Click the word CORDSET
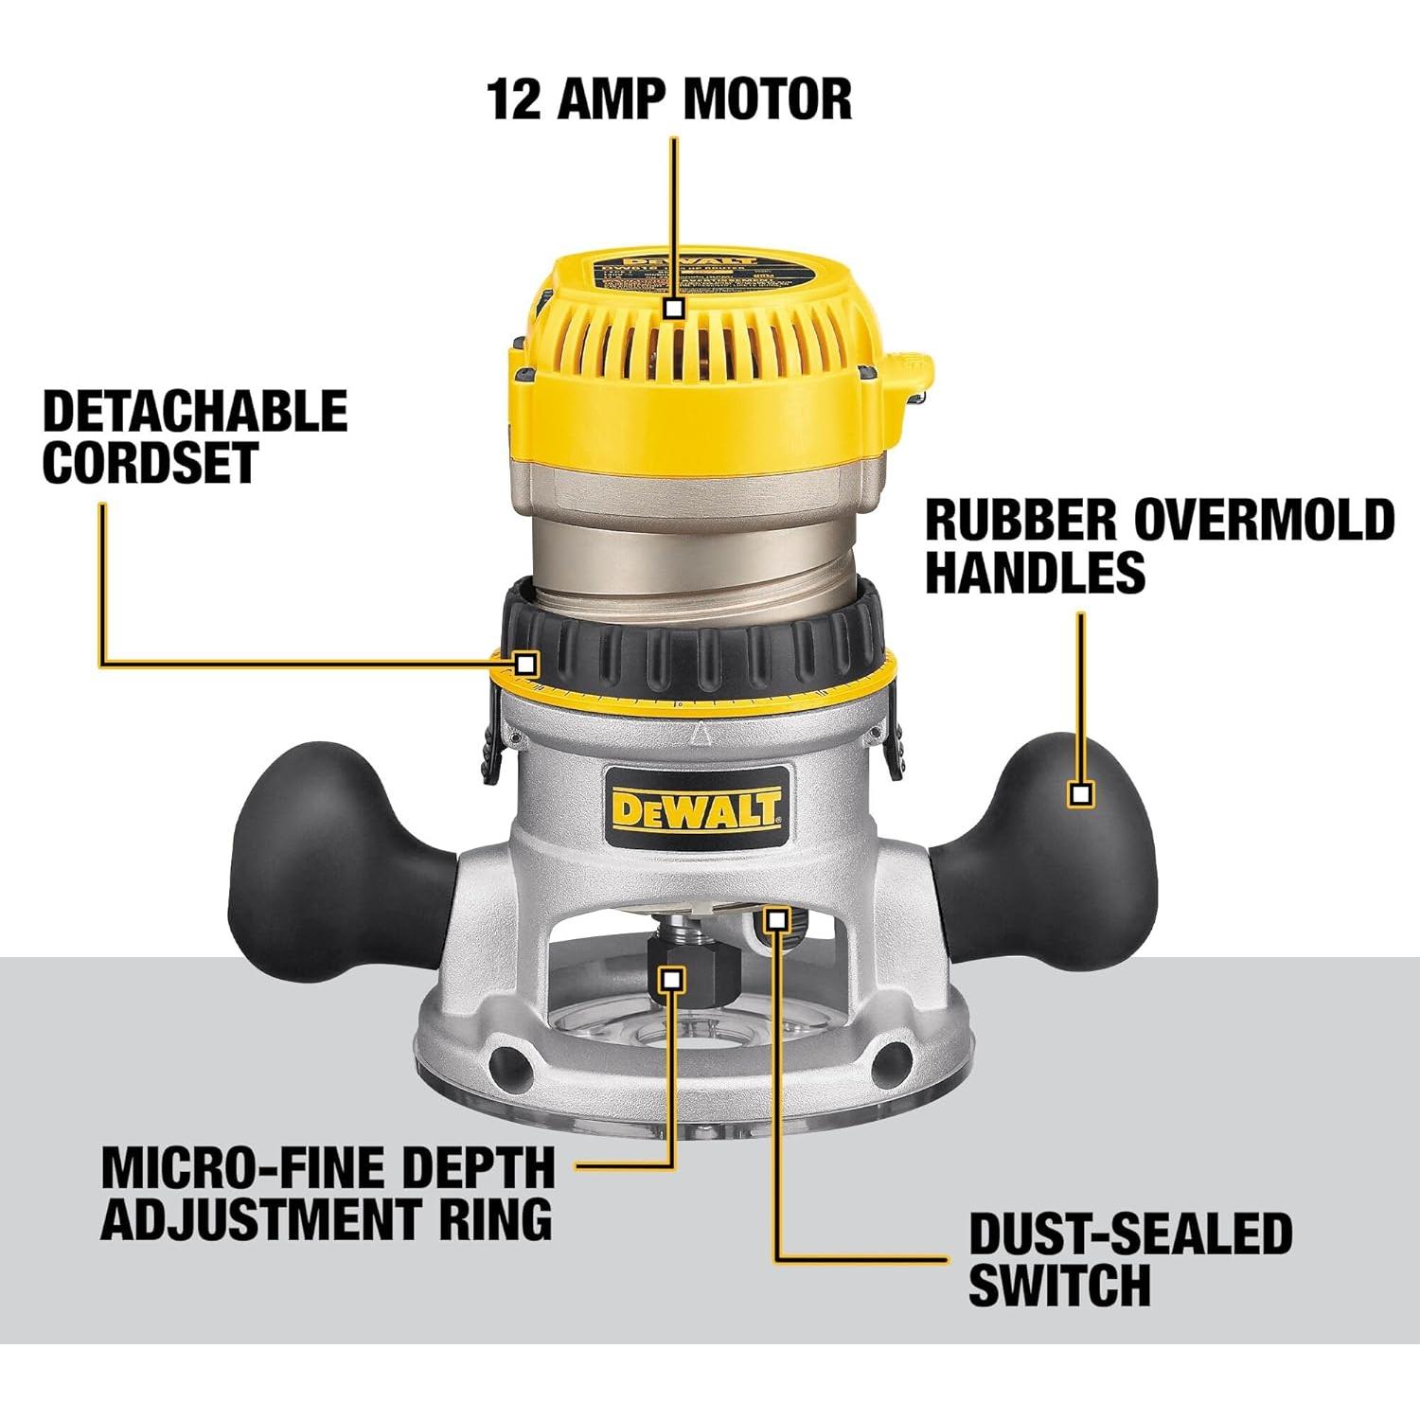(151, 463)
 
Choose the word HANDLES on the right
(1035, 572)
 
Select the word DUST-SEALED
(1130, 1234)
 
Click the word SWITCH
(1059, 1286)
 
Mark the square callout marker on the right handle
(1080, 793)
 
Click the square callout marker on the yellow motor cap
(674, 308)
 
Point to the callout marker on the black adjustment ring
(526, 663)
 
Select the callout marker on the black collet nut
(672, 980)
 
